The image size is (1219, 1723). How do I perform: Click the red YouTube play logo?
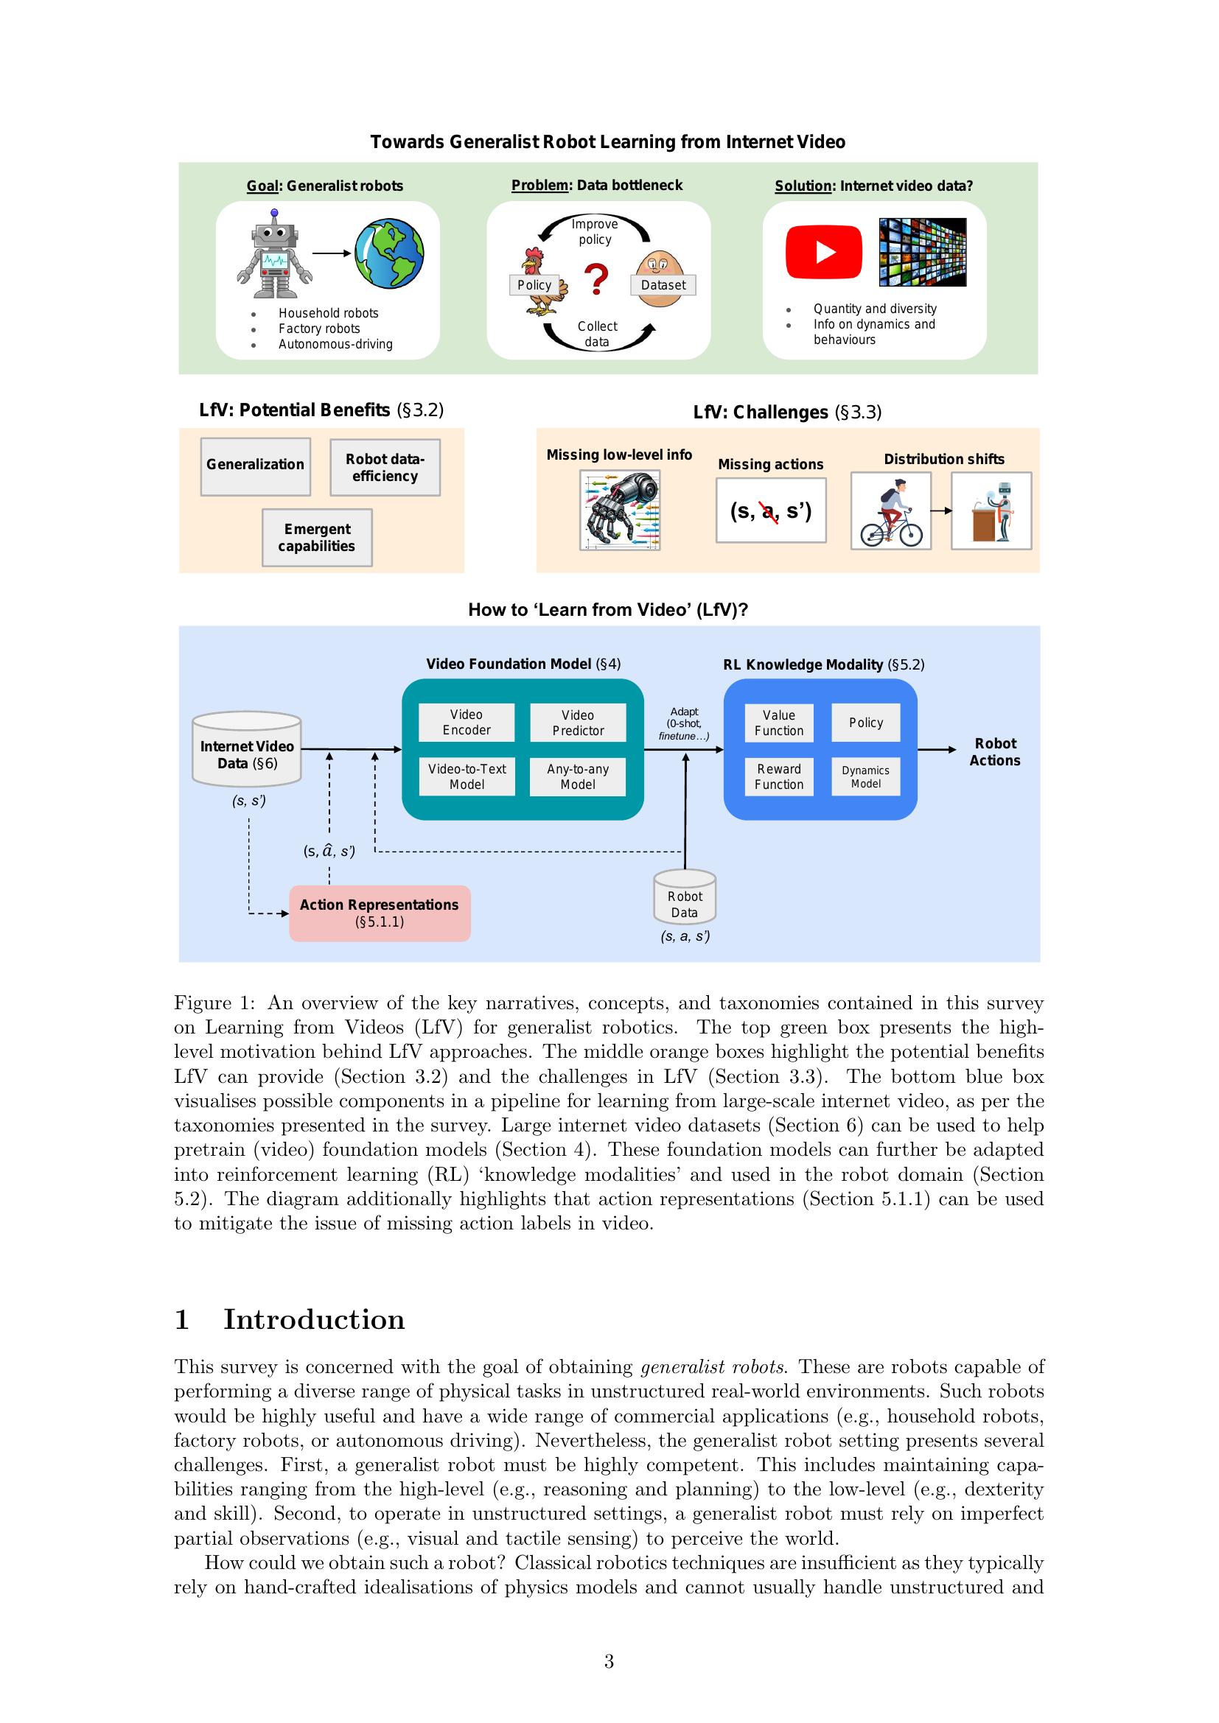(823, 251)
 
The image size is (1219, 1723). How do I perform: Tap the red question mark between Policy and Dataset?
(596, 279)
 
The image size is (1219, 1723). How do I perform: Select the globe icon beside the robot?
(389, 253)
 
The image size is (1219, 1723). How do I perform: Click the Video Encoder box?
(466, 722)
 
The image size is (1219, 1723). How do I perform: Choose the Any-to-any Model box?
(577, 776)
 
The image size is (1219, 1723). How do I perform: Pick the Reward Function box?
(778, 776)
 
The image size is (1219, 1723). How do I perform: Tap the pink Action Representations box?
(380, 913)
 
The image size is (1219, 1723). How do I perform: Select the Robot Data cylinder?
(685, 898)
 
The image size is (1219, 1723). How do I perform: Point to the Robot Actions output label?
(994, 751)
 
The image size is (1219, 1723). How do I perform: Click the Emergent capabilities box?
(317, 537)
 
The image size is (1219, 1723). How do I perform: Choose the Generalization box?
(255, 466)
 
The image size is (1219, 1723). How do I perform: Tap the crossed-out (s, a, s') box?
(771, 510)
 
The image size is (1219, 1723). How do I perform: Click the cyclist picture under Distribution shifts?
(891, 511)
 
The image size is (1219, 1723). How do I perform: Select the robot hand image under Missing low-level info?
(620, 510)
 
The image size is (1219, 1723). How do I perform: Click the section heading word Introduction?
(314, 1319)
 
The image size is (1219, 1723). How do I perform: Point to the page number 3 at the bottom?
(609, 1661)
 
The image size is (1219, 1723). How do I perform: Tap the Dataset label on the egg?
(663, 285)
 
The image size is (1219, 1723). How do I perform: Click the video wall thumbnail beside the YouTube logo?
(923, 252)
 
